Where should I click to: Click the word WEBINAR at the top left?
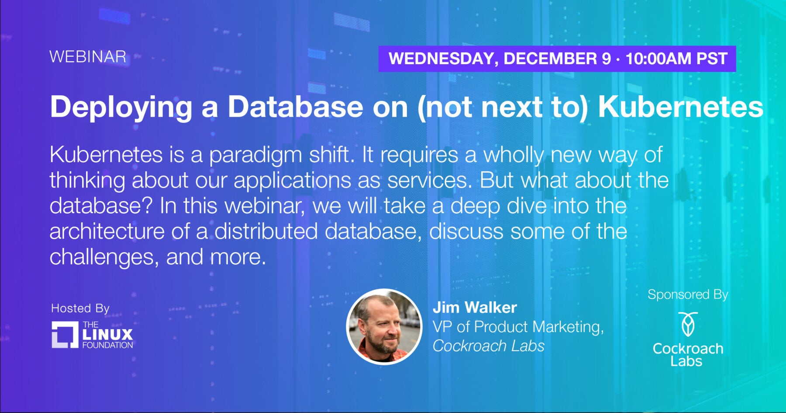(x=88, y=57)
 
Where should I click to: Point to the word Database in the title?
(x=296, y=107)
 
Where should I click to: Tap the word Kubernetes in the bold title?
(x=681, y=107)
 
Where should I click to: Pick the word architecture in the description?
(x=107, y=232)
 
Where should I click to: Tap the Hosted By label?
(x=80, y=309)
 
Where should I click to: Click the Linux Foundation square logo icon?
(x=65, y=335)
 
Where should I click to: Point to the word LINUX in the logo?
(x=107, y=335)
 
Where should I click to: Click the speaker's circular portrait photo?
(x=384, y=326)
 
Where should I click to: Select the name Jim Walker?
(x=475, y=308)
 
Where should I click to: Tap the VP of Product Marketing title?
(x=518, y=327)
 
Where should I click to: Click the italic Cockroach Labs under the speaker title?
(x=489, y=346)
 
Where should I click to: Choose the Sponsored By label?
(x=688, y=295)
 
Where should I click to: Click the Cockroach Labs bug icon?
(x=688, y=324)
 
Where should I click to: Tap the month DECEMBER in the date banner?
(x=557, y=59)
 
